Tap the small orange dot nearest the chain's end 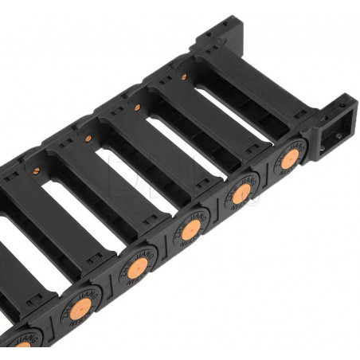point(184,77)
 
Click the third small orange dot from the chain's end point(88,139)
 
